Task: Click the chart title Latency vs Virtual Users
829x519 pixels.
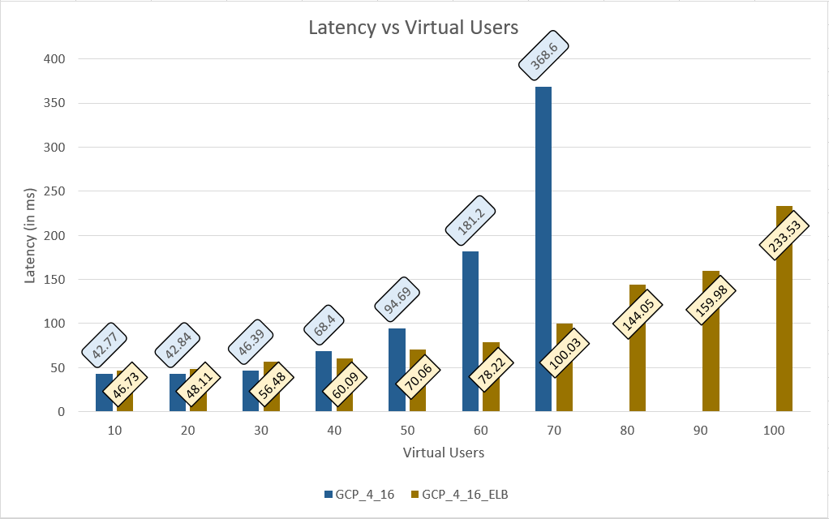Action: click(x=413, y=28)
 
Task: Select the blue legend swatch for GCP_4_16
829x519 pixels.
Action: click(x=328, y=493)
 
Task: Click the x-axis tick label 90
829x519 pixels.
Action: click(x=701, y=431)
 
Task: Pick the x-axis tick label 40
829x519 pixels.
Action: click(x=334, y=431)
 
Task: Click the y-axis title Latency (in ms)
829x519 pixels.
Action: click(x=31, y=235)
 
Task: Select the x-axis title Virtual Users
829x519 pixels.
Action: click(x=444, y=453)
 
